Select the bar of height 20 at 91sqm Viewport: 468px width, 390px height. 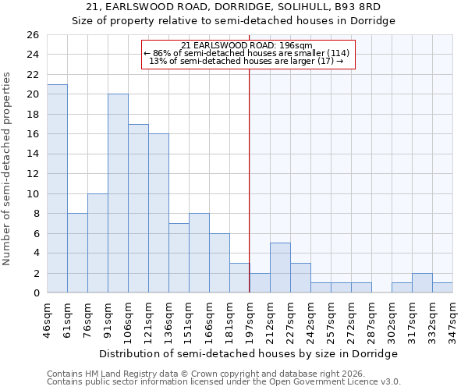118,193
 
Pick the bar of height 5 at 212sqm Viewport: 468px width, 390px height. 280,268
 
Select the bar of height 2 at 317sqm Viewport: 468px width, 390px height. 422,283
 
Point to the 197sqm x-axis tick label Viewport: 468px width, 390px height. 250,319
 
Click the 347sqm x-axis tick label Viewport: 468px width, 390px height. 452,319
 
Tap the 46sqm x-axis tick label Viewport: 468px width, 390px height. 47,319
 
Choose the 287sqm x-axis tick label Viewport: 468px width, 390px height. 371,319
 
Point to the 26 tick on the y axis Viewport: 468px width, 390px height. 32,35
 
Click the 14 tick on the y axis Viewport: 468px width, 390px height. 32,154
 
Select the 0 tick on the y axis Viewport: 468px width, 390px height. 35,293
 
